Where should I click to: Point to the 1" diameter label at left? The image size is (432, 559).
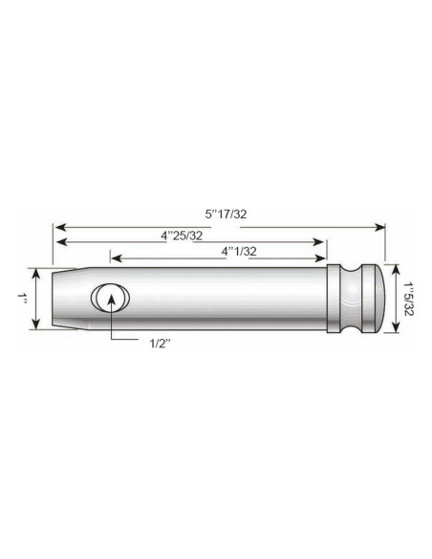(21, 299)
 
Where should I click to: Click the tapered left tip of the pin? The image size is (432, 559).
(63, 299)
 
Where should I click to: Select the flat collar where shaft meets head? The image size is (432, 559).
(337, 299)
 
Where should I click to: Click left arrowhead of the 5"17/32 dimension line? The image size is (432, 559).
(56, 227)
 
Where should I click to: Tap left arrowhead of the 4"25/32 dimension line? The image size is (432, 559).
(56, 243)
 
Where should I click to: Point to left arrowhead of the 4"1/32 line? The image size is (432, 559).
(115, 258)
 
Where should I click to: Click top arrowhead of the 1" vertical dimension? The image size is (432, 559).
(37, 273)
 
